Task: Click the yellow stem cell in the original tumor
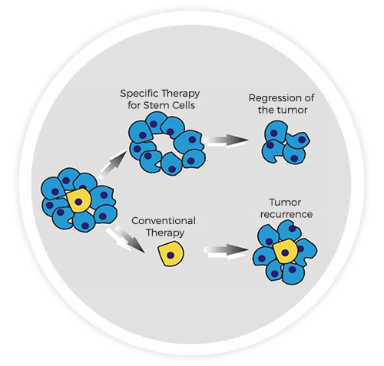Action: coord(78,201)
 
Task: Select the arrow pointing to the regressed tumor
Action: coord(228,140)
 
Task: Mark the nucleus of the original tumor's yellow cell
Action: coord(79,202)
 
